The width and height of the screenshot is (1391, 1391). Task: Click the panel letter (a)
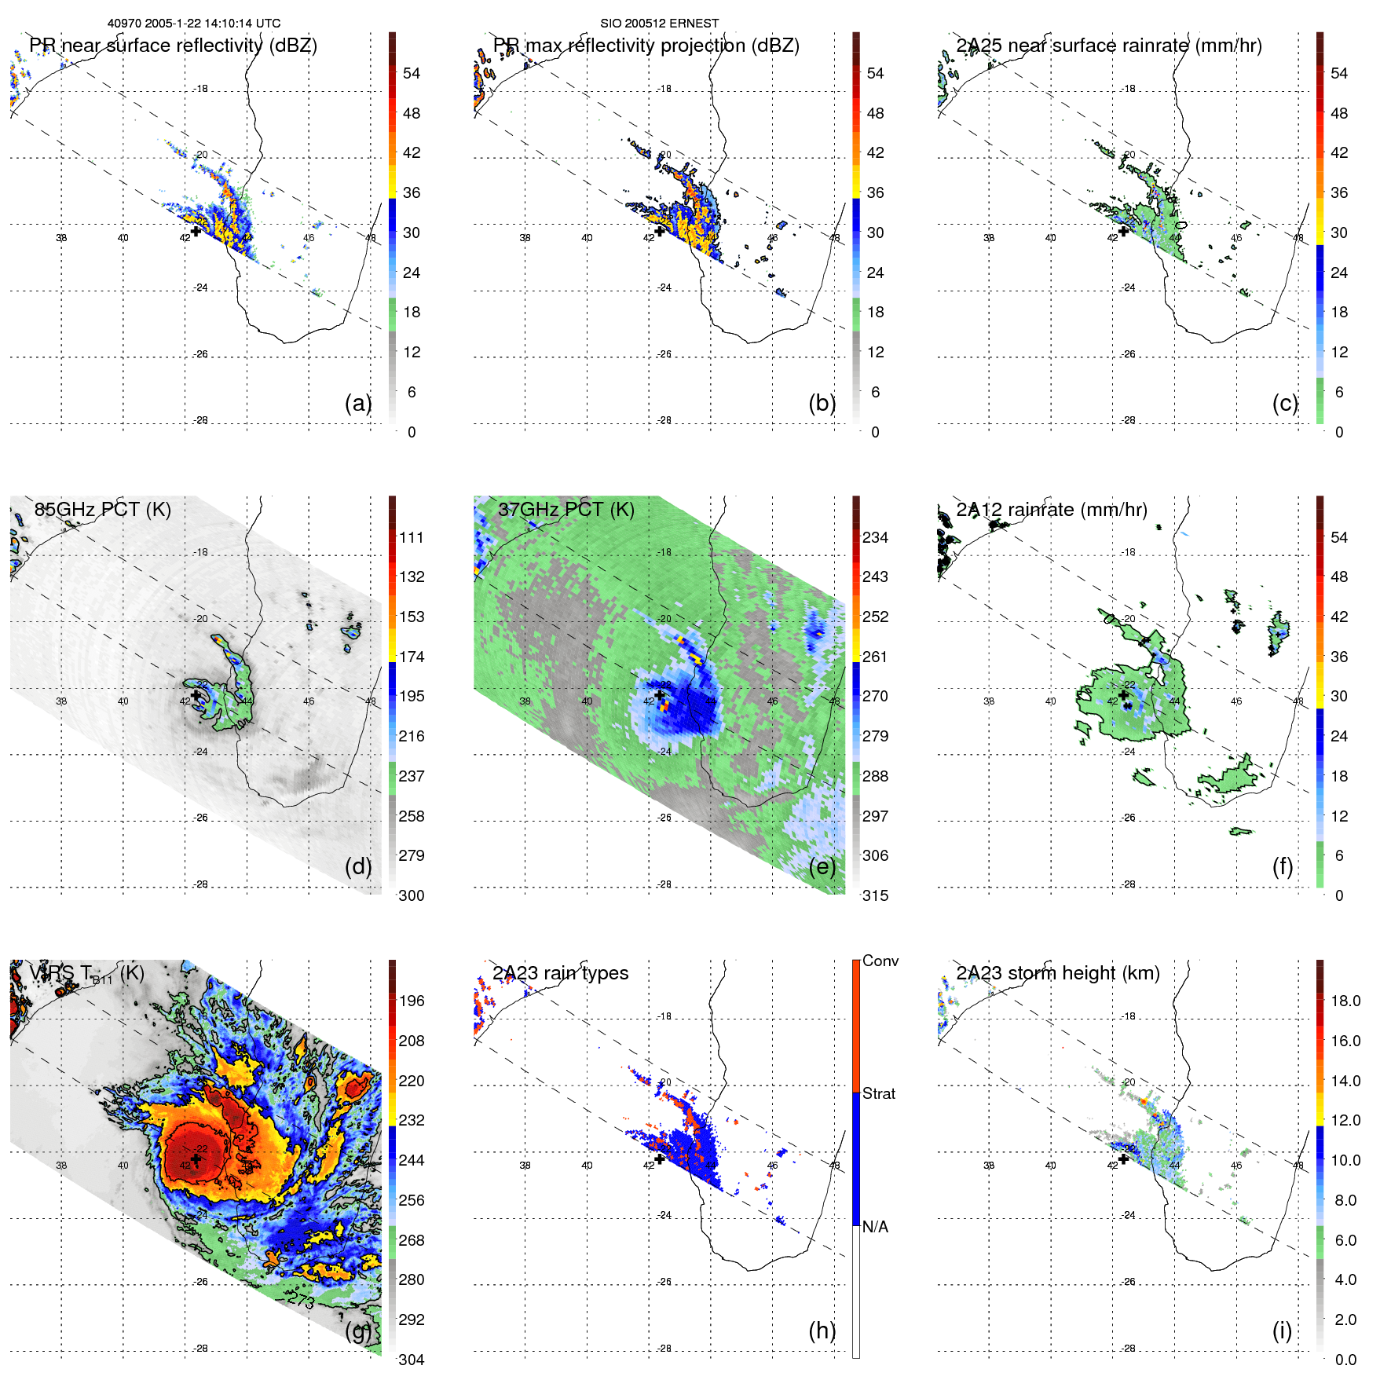358,404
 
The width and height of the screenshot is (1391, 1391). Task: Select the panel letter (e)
822,867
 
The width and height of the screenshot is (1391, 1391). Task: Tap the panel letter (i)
1282,1331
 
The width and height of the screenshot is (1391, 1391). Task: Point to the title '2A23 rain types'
560,973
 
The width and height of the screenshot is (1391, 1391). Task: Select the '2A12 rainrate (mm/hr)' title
1051,510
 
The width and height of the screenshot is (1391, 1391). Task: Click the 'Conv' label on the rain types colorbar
880,961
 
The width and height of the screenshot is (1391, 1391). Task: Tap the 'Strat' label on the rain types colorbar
878,1094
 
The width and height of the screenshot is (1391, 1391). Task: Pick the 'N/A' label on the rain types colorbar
875,1227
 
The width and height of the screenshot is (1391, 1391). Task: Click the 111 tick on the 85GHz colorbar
411,538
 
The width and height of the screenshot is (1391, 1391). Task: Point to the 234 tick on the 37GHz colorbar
875,538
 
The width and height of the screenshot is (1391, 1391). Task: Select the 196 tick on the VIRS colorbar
411,1001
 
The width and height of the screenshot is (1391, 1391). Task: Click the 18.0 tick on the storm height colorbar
1345,1001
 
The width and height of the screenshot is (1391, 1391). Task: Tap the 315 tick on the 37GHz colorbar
875,896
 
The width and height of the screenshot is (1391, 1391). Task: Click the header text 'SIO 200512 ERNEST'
659,24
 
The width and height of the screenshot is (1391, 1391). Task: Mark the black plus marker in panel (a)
196,231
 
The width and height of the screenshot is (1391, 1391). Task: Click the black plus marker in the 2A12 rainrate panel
1124,694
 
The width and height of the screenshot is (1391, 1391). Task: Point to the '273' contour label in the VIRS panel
301,1301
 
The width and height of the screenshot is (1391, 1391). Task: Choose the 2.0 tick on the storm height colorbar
1345,1320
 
